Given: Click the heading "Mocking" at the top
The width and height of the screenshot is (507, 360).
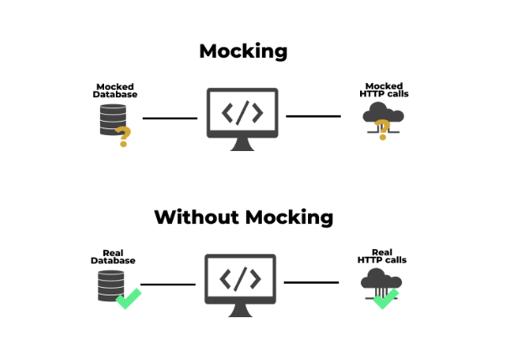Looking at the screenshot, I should coord(243,50).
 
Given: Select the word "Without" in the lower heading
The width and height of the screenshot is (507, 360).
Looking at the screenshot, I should coord(196,217).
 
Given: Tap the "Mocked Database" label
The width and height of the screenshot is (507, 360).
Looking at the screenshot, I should coord(115,91).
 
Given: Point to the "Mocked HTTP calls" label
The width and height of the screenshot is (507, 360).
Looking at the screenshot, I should coord(384,91).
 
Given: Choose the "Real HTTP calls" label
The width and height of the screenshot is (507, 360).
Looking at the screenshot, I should coord(382,256).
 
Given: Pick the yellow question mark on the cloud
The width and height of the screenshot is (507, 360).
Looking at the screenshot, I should coord(382,129).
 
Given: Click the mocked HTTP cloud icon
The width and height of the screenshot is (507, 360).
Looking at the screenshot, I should coord(382,116).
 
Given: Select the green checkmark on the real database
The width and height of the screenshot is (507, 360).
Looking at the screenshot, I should coord(128,298).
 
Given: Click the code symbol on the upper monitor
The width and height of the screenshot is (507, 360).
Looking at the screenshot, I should coord(243,112).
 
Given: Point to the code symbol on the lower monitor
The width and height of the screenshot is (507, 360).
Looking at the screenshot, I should coord(241,277).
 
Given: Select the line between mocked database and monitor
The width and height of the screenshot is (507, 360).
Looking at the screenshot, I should coord(170,118).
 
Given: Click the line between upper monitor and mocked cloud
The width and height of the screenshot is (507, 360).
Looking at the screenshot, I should coord(314,116).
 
